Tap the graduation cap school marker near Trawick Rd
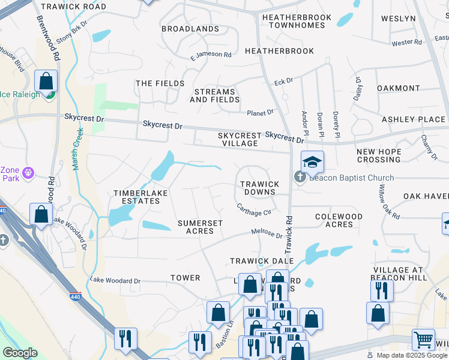coord(312,162)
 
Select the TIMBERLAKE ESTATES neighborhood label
coord(137,197)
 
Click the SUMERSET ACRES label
coord(200,227)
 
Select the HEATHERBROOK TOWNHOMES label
coord(297,22)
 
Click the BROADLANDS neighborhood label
coord(190,29)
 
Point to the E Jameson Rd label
coord(211,55)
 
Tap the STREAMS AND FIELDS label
coord(215,95)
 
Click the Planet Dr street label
coord(260,112)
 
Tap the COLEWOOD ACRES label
coord(339,220)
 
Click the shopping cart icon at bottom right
coord(424,340)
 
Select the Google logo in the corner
coord(20,353)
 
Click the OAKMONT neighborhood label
coord(399,88)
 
